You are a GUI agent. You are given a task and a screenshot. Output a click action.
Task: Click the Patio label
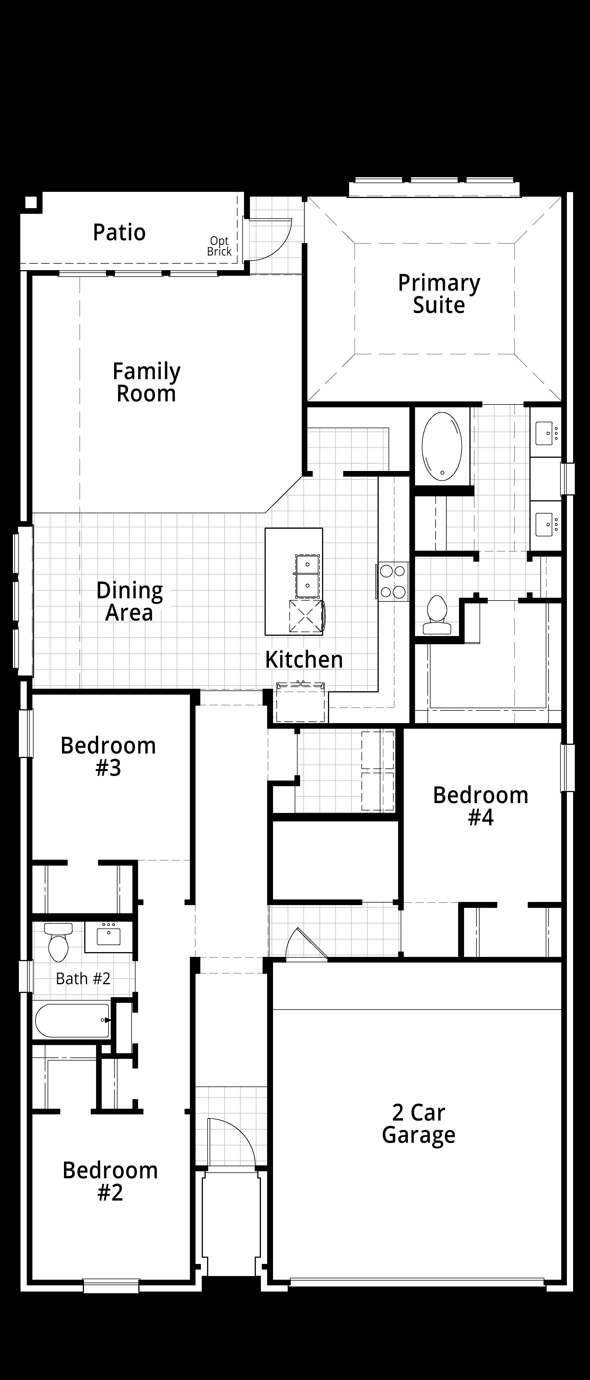click(x=119, y=232)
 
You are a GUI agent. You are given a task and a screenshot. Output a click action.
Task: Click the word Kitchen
click(x=304, y=659)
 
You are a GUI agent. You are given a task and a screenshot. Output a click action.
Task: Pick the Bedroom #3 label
click(x=108, y=756)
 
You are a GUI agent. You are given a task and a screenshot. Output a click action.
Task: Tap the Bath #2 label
click(x=83, y=979)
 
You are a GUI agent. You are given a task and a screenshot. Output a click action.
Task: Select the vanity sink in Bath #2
click(x=109, y=935)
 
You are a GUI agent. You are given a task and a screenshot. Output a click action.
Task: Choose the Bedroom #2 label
click(x=110, y=1181)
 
